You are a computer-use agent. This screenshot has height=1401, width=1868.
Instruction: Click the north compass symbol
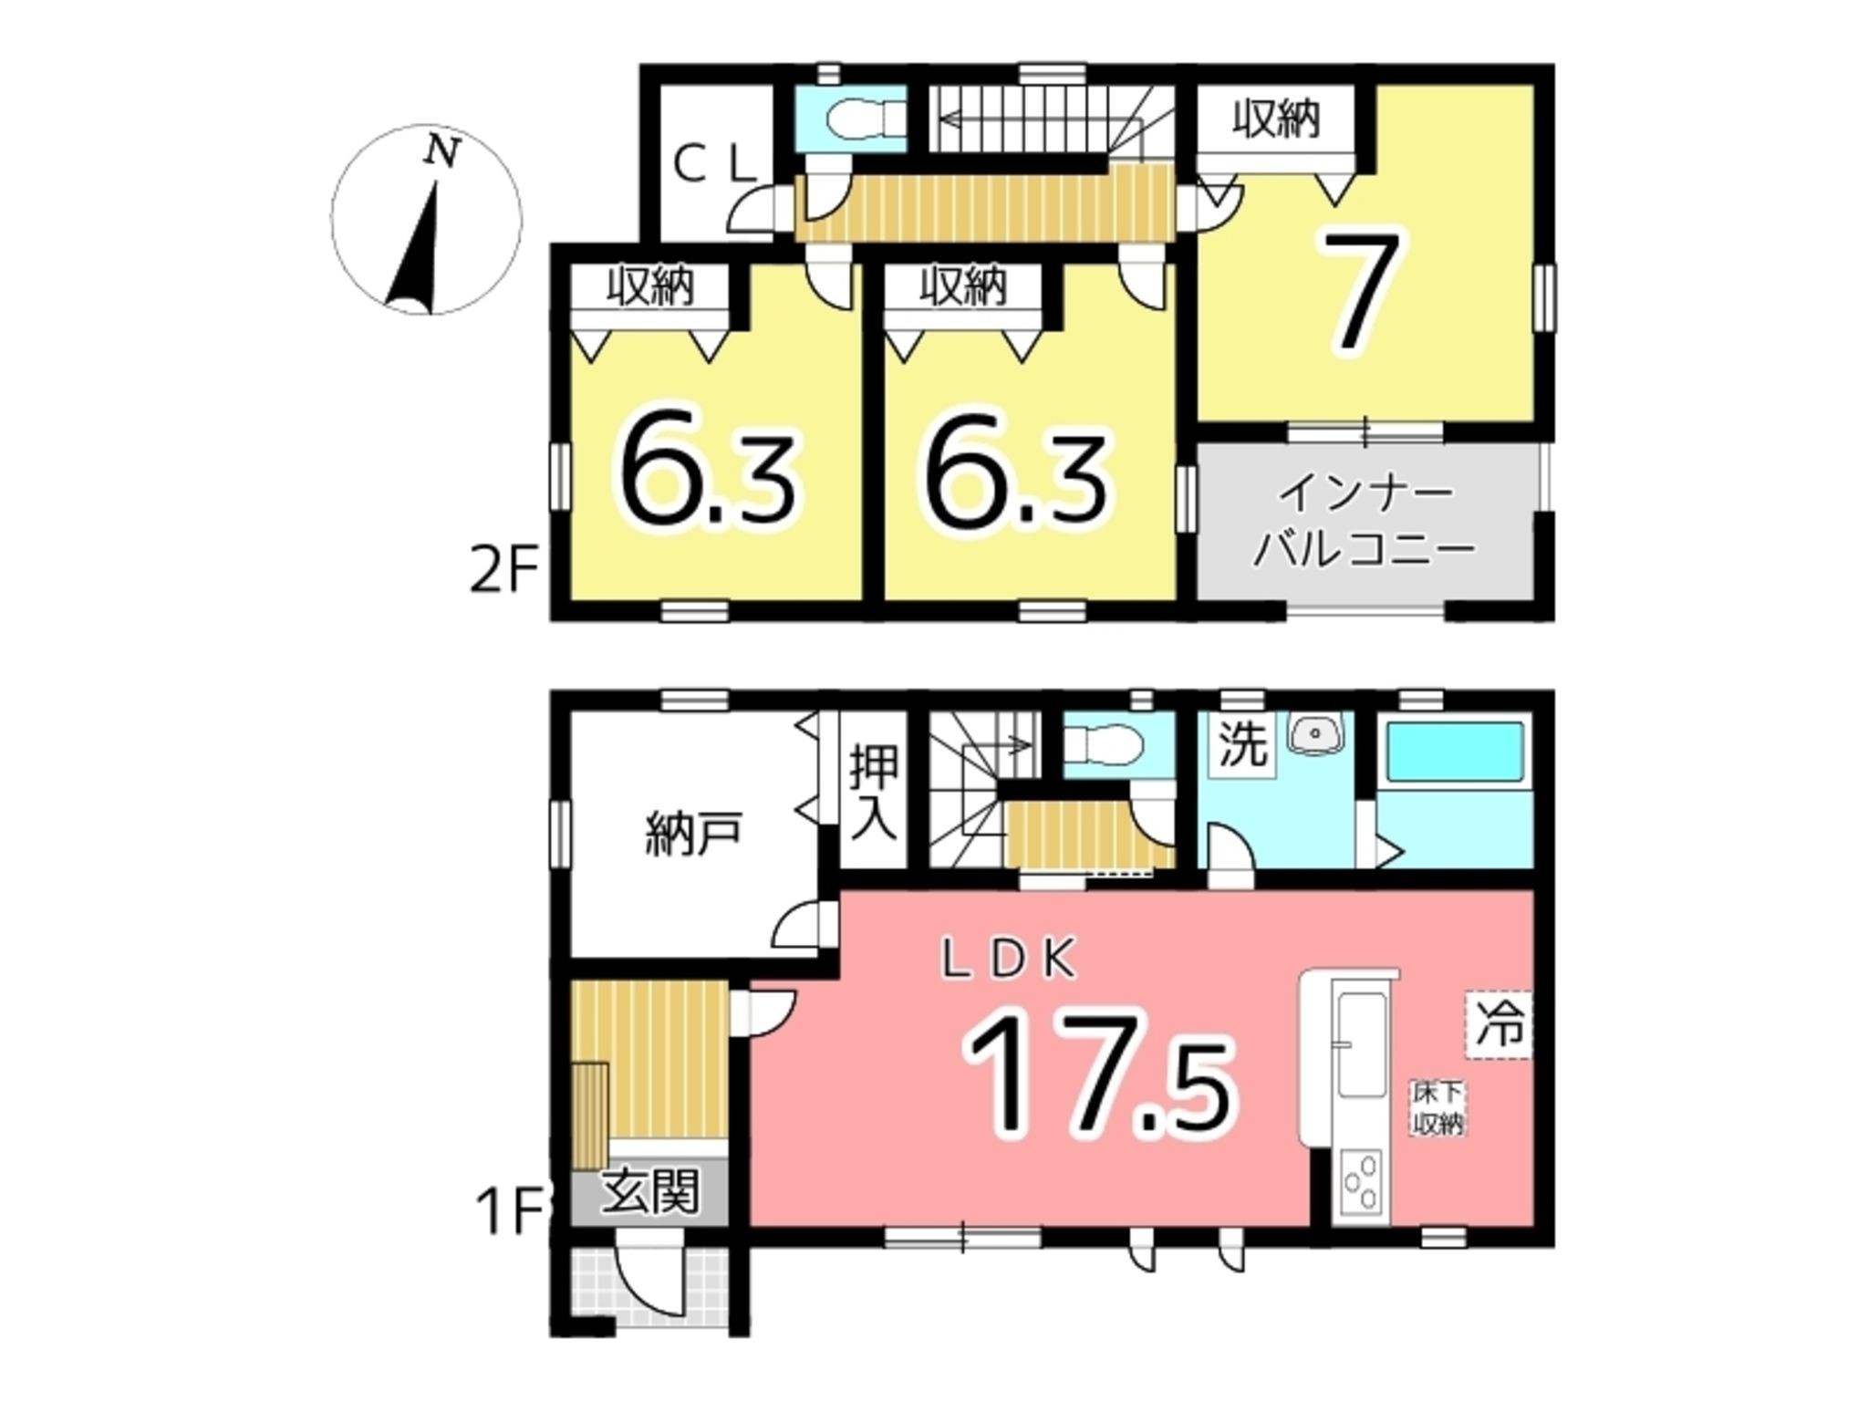427,220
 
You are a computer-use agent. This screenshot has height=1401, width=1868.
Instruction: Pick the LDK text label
1010,960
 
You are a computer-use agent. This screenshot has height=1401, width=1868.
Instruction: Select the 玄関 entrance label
650,1191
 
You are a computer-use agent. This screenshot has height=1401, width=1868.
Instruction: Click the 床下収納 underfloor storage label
1438,1108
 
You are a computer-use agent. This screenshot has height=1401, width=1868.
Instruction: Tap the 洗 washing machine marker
1243,745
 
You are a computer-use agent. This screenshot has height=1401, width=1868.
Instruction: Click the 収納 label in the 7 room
1276,119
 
